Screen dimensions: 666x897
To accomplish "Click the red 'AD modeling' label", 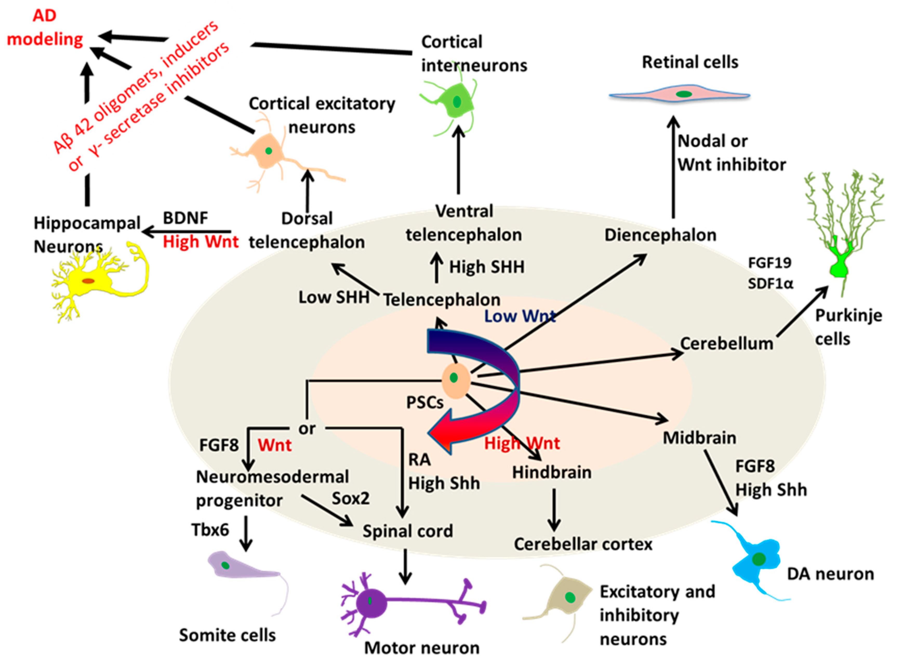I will [44, 28].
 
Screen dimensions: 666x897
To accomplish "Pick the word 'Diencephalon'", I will [660, 235].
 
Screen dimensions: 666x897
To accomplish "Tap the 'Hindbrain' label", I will [552, 472].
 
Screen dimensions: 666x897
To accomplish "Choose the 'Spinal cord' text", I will [407, 531].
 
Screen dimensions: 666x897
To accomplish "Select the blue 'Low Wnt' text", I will [520, 316].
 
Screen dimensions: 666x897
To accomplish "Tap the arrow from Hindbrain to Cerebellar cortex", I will [554, 510].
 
